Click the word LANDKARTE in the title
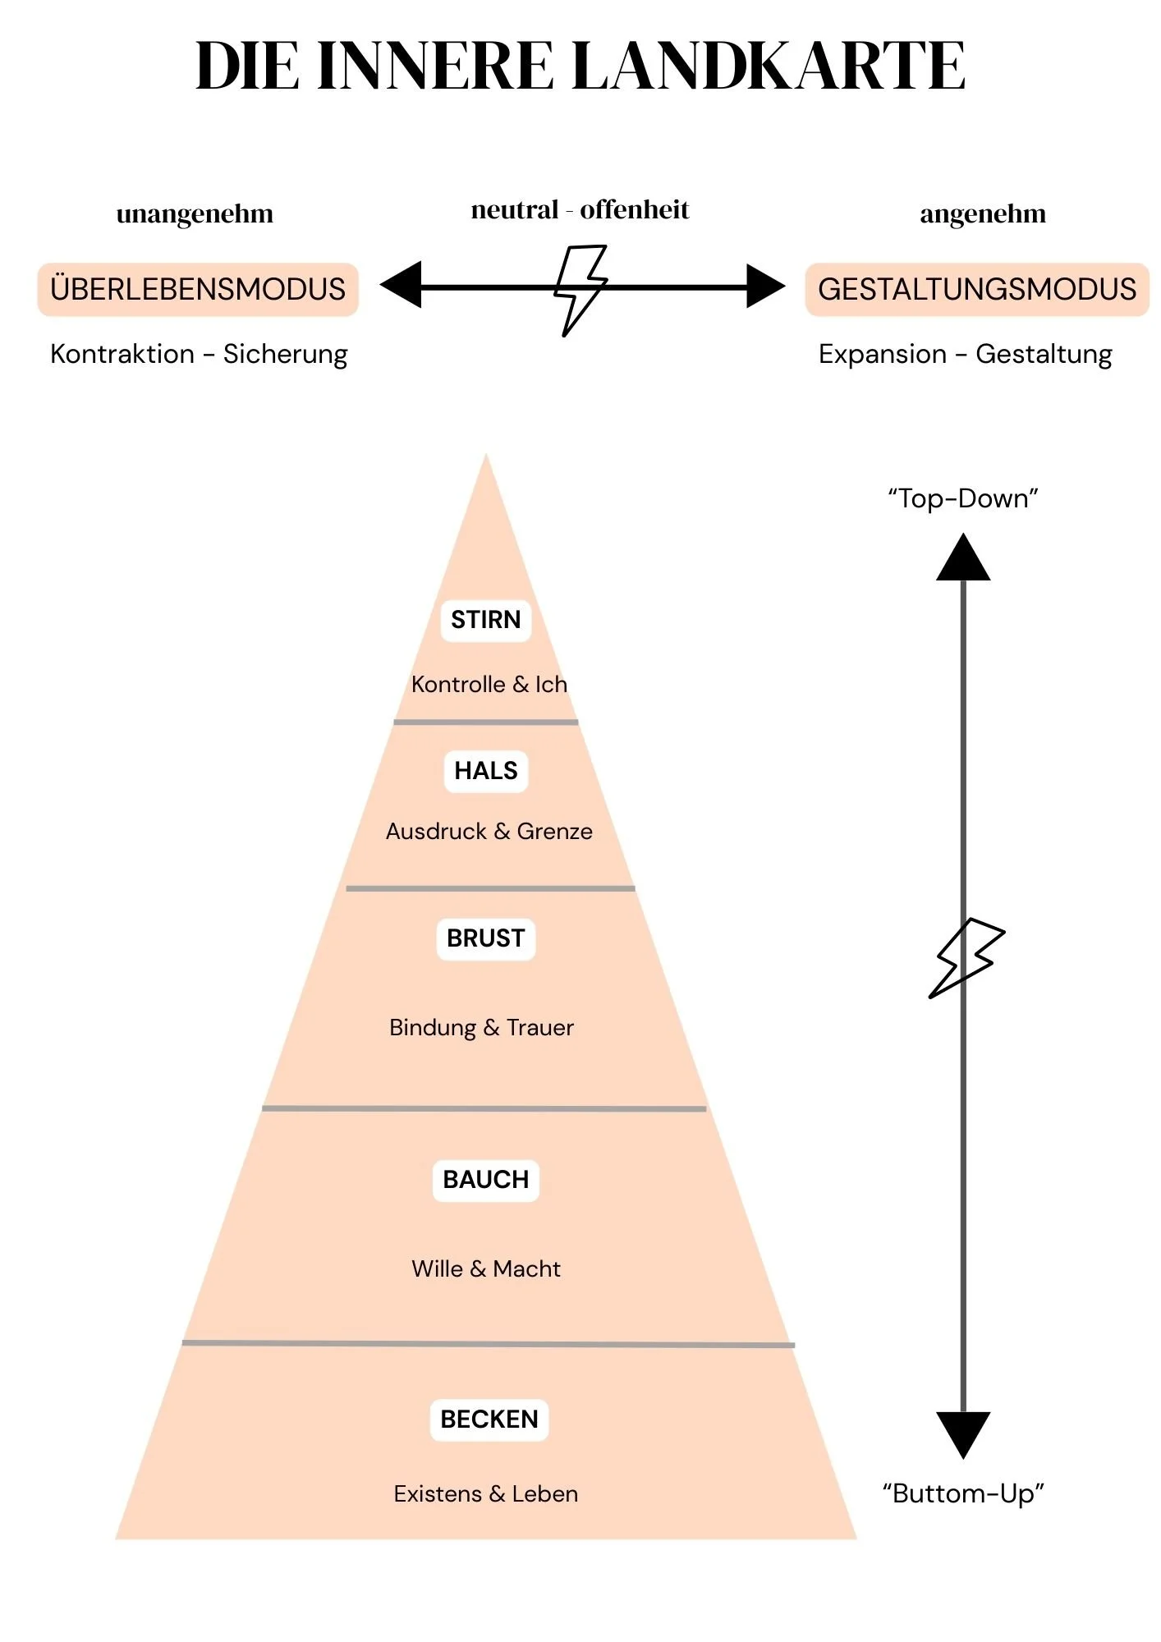pos(769,66)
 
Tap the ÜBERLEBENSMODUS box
pos(198,290)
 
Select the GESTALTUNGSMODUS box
pos(976,290)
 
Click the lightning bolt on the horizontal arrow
pos(580,289)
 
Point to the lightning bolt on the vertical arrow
pos(966,957)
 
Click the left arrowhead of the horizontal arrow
pos(402,285)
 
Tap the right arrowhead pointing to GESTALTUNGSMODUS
pos(764,286)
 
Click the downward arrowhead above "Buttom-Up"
pos(963,1433)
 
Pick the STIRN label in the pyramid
pos(486,620)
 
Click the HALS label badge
pos(486,771)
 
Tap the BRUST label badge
pos(486,938)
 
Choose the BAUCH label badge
pos(486,1180)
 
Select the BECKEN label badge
pos(489,1420)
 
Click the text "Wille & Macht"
pos(486,1269)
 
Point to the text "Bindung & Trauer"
pos(481,1028)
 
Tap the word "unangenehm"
pos(195,214)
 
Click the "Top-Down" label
pos(963,498)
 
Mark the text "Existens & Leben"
pos(486,1494)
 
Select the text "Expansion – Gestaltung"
pos(965,354)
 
